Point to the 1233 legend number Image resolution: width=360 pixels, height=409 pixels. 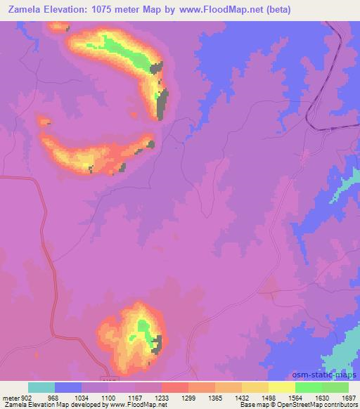[x=161, y=397]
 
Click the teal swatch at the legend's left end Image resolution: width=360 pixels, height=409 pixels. [x=41, y=387]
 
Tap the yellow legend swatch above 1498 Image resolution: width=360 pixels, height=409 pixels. [x=255, y=387]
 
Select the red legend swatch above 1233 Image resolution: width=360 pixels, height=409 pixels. [x=174, y=387]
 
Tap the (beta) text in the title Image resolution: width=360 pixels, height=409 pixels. [x=276, y=10]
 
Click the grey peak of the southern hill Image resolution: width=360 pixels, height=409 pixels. [x=157, y=344]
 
